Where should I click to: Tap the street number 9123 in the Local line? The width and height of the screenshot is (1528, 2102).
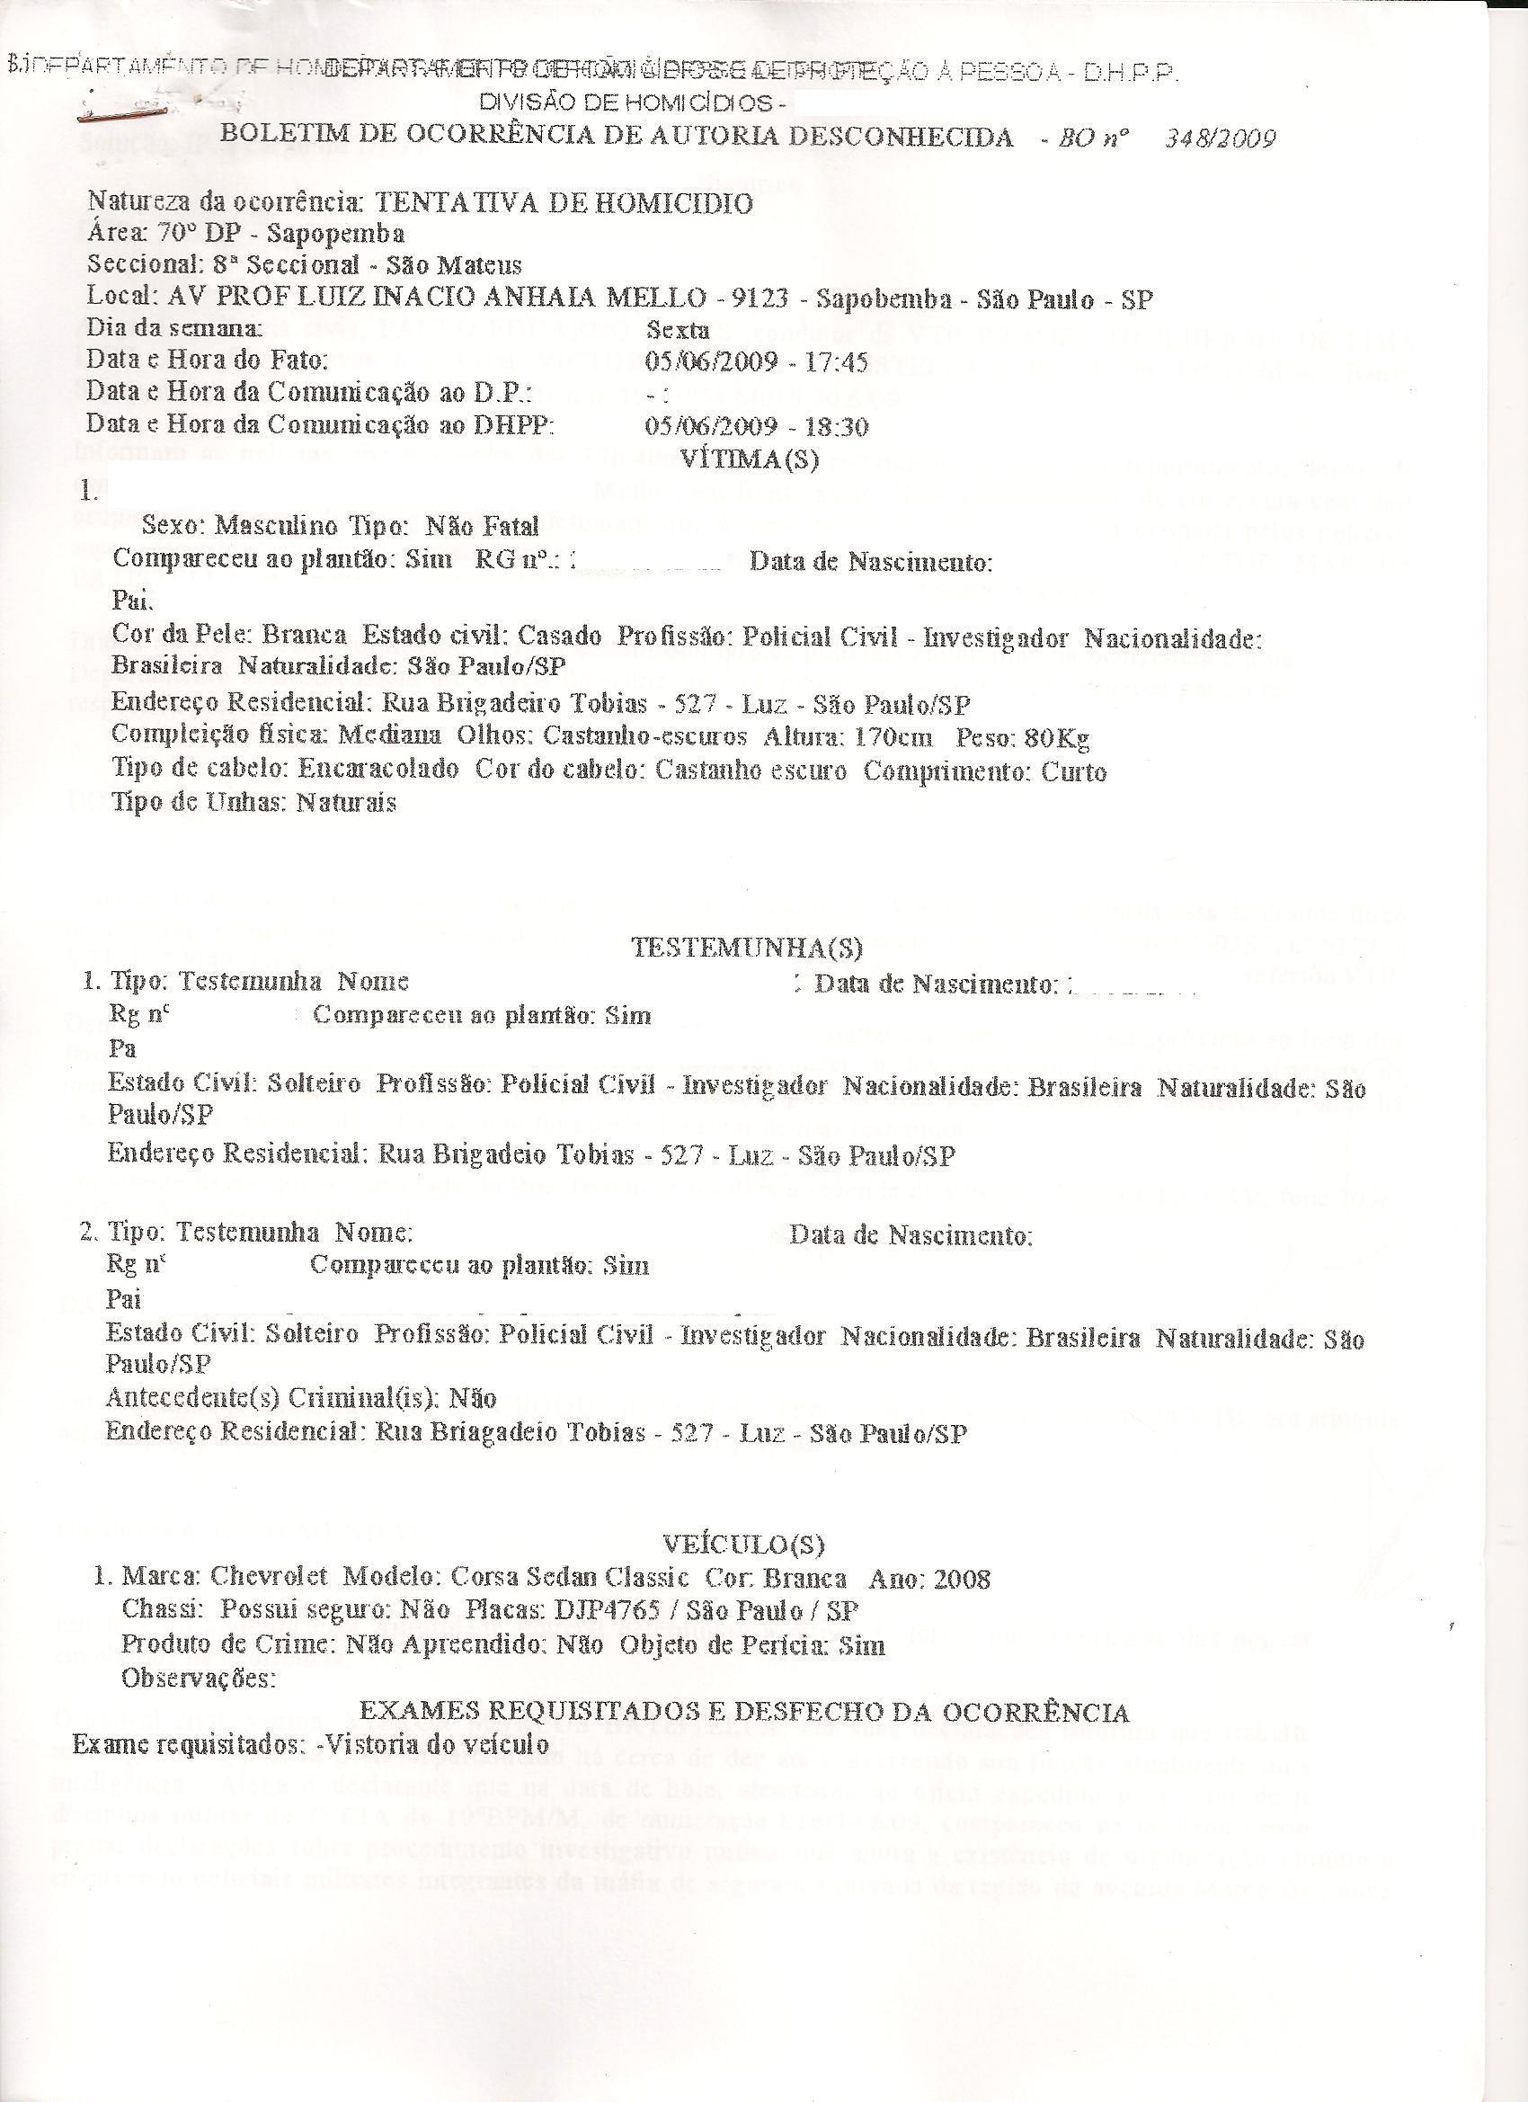point(759,298)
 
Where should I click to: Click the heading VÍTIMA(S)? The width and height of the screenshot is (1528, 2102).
point(749,459)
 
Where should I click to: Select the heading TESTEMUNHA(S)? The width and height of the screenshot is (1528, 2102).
point(746,948)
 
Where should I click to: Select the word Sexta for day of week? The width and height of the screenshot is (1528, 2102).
point(678,330)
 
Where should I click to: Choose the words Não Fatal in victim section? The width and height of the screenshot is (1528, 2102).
point(481,527)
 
